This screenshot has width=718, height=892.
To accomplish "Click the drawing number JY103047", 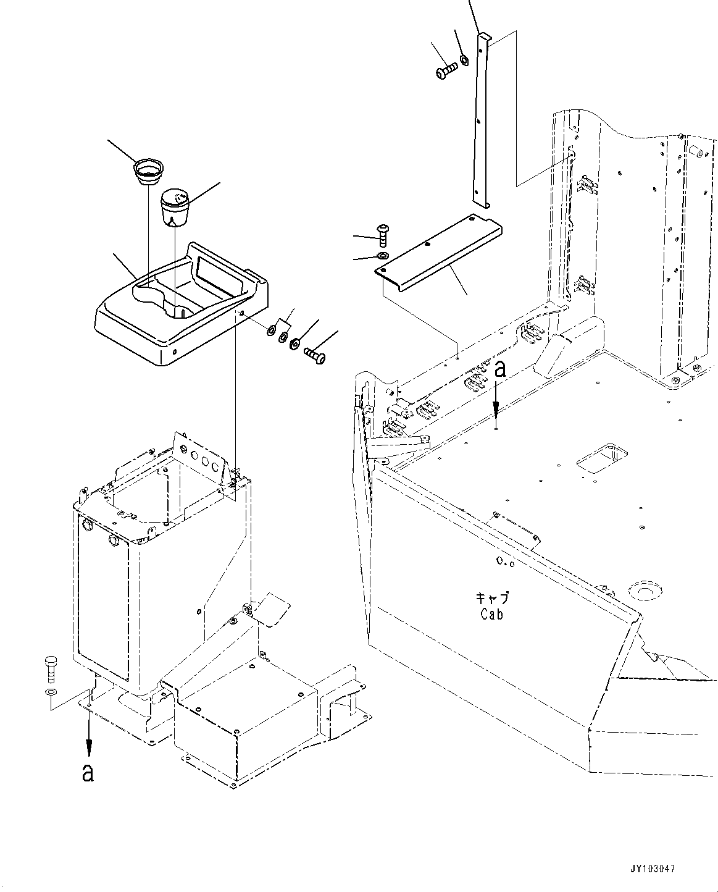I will click(653, 869).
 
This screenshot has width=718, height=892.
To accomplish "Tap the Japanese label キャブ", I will click(492, 598).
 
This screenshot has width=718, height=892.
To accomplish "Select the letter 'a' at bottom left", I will click(88, 772).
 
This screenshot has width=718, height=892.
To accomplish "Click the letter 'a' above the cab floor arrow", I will click(501, 369).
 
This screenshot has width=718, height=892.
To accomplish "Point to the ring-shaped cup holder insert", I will click(148, 171).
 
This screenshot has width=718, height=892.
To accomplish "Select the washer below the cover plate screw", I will click(383, 256).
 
